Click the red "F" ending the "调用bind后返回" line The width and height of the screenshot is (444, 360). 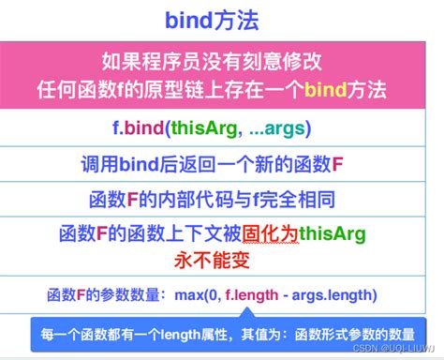(338, 165)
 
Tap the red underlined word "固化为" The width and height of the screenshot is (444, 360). (268, 234)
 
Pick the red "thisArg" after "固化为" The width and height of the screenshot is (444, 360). (332, 234)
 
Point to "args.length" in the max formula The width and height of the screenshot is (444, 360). (333, 295)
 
